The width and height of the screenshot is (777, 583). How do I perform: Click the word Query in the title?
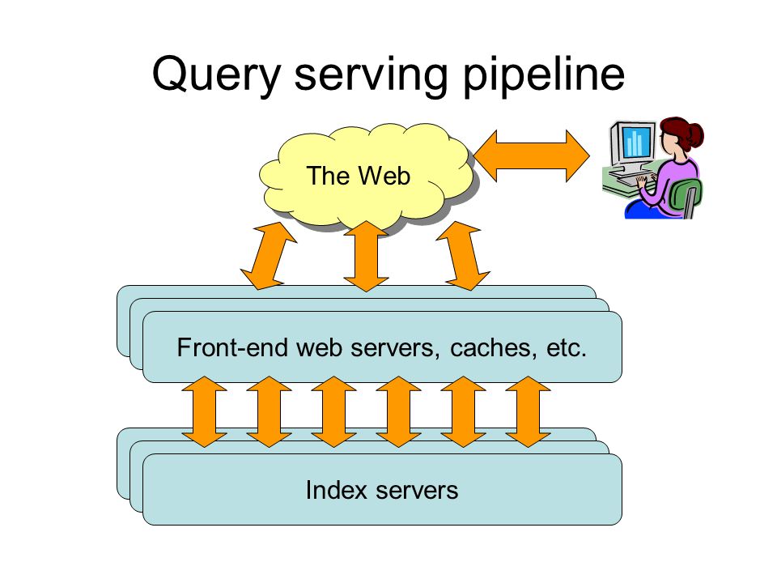coord(216,74)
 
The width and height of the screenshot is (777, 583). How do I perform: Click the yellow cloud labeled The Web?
coord(365,177)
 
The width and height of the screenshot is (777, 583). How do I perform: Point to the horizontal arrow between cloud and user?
coord(531,155)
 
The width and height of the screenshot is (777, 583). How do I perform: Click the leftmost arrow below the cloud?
coord(268,256)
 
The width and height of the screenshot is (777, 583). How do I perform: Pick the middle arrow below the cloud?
coord(366,256)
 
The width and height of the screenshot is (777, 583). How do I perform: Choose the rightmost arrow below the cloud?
coord(463,256)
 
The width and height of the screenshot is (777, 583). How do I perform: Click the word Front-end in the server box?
coord(232,347)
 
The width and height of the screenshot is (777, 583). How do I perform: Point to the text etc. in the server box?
coord(567,348)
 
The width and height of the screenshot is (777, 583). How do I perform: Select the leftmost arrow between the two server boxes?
coord(204,411)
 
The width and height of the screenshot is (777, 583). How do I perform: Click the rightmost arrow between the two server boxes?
coord(528,411)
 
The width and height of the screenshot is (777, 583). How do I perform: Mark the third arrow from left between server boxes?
coord(334,411)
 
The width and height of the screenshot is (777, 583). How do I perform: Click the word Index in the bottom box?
coord(336,490)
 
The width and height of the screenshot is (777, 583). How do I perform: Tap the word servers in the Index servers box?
coord(417,491)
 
